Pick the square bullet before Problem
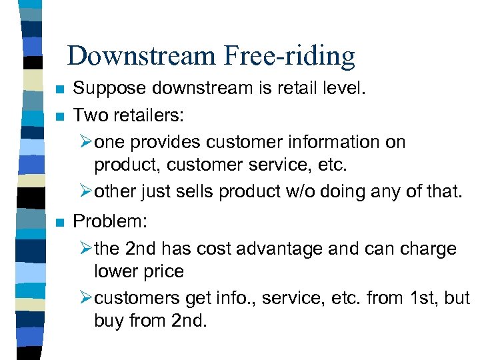point(60,223)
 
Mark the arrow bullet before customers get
point(85,297)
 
